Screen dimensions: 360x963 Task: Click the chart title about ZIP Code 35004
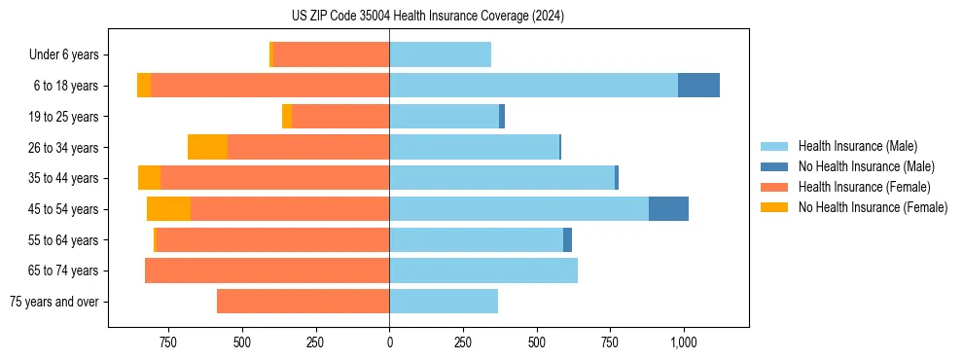click(x=428, y=17)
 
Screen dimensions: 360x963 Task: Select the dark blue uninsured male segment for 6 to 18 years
click(x=698, y=86)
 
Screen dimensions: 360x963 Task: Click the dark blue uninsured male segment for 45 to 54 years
click(x=668, y=209)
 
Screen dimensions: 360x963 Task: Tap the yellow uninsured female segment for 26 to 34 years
click(x=207, y=147)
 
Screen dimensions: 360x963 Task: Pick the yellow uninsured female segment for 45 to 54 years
click(x=168, y=209)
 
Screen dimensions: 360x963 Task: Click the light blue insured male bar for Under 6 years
click(x=440, y=54)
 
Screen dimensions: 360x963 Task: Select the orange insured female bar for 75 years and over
click(x=303, y=302)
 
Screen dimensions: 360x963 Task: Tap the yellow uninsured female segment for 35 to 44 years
click(x=149, y=178)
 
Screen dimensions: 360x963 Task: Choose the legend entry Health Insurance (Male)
click(x=857, y=146)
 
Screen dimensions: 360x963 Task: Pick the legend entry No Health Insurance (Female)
click(x=873, y=207)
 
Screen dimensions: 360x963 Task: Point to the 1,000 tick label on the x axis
click(x=683, y=342)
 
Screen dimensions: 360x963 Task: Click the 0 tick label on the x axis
click(x=389, y=342)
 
